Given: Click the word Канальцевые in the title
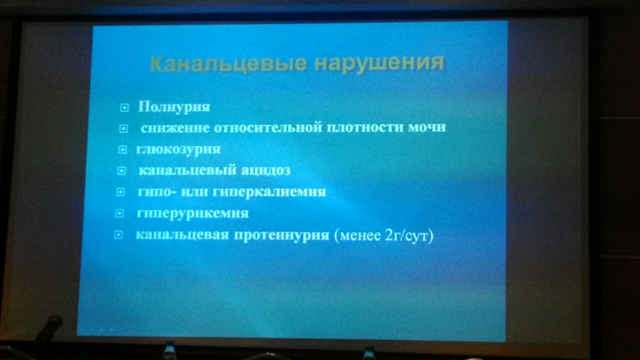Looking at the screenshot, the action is [x=228, y=63].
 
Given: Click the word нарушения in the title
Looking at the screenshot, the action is [x=379, y=63].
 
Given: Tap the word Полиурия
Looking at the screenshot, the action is [x=174, y=107].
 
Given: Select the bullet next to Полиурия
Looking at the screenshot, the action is [x=124, y=107].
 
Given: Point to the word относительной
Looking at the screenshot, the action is [x=268, y=127].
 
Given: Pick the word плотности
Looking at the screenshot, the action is [x=365, y=127].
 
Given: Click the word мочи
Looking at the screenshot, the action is [x=427, y=127].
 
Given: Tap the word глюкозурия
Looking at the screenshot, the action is [x=178, y=149].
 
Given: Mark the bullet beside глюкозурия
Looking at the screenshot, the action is [x=122, y=149].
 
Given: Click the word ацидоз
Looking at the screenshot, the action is [x=265, y=170].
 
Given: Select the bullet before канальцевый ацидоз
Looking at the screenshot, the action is [x=121, y=171].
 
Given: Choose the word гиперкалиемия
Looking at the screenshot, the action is [x=269, y=191].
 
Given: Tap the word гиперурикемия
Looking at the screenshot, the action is [x=193, y=213].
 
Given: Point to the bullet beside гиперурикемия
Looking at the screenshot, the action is [x=119, y=213].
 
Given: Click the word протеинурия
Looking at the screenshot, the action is [x=281, y=235].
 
